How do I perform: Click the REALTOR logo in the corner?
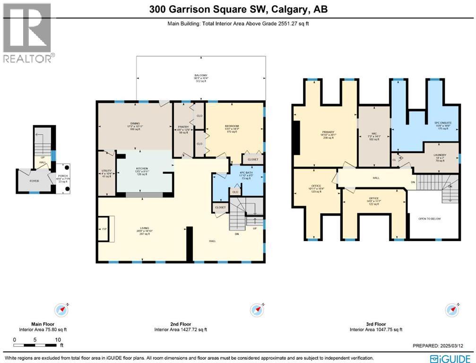pyautogui.click(x=27, y=33)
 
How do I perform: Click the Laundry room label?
pyautogui.click(x=440, y=155)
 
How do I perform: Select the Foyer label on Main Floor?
pyautogui.click(x=34, y=181)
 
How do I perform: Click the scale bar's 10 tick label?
pyautogui.click(x=58, y=340)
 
